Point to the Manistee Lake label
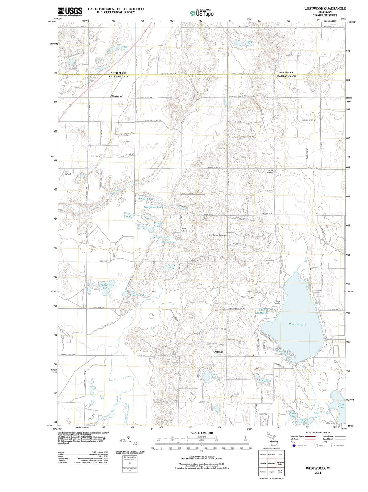[x=297, y=324]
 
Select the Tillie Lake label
[x=249, y=43]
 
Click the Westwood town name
[x=117, y=96]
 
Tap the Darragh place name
[x=218, y=351]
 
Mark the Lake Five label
[x=214, y=376]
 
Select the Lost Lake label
[x=266, y=381]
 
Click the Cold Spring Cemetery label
[x=218, y=235]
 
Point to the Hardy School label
[x=270, y=171]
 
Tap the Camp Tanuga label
[x=278, y=302]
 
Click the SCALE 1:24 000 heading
[x=202, y=433]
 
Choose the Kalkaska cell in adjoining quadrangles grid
[x=263, y=471]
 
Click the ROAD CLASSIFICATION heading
[x=318, y=432]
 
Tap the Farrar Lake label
[x=171, y=267]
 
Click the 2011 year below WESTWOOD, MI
[x=318, y=473]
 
